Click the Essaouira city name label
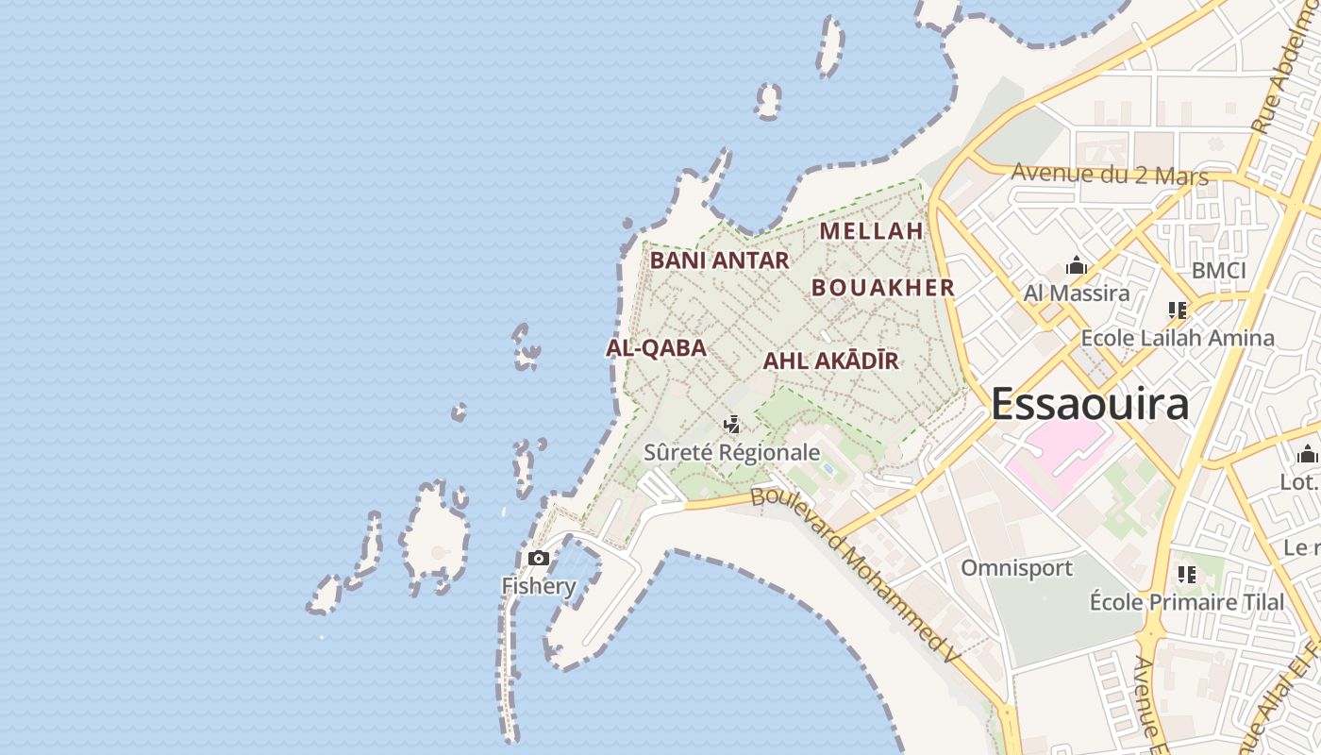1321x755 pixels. (x=1089, y=404)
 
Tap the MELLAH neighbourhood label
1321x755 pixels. (x=870, y=230)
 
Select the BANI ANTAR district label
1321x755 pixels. (x=719, y=260)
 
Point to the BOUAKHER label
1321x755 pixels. (x=883, y=288)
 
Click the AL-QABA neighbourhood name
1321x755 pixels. (x=656, y=348)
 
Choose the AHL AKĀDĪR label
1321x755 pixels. (x=830, y=361)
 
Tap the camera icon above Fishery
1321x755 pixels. (x=539, y=558)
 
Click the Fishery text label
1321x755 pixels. (x=538, y=586)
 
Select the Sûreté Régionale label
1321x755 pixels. (x=731, y=452)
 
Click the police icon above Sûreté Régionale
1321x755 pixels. (x=731, y=425)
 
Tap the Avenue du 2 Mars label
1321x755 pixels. (x=1110, y=175)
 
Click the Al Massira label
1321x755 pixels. (x=1077, y=294)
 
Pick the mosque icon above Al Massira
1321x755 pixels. (x=1076, y=266)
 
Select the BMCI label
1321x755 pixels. (x=1218, y=271)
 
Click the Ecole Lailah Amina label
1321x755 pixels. (x=1177, y=338)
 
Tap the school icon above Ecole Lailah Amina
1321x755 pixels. (x=1177, y=310)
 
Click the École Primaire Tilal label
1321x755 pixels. (x=1186, y=602)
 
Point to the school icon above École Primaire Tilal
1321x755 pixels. (x=1187, y=574)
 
